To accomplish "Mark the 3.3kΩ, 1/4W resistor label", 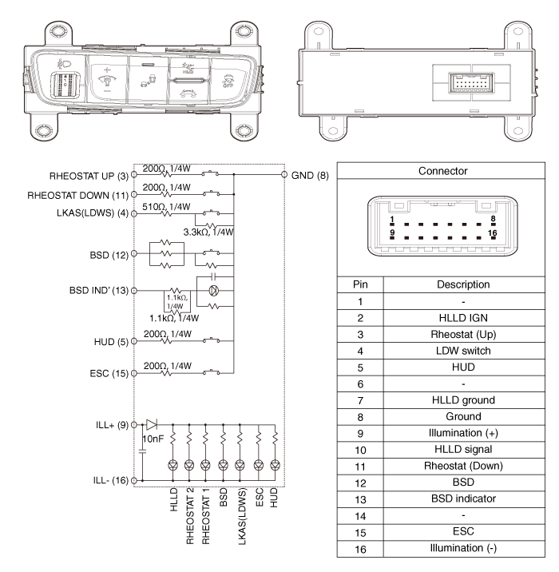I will (208, 232).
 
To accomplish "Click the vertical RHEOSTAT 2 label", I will (189, 514).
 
